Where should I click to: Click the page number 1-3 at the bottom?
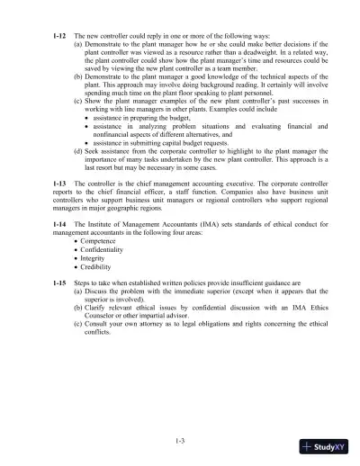pos(180,439)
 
